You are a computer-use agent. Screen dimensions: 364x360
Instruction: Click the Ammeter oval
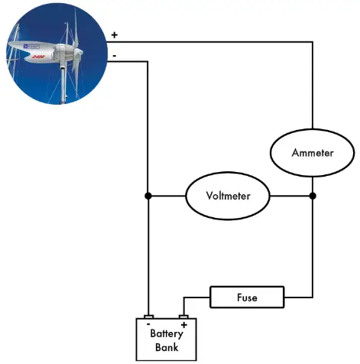coord(313,152)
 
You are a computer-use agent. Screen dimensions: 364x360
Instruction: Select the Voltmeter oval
coord(228,196)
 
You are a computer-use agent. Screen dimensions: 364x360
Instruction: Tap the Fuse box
coord(246,296)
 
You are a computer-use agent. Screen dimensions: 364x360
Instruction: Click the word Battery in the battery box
coord(167,333)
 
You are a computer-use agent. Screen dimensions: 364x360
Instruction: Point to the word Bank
coord(167,348)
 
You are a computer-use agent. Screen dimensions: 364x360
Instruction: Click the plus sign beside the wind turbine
coord(115,35)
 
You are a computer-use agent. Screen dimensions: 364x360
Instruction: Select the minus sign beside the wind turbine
coord(115,55)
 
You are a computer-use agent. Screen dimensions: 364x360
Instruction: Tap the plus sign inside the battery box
coord(183,323)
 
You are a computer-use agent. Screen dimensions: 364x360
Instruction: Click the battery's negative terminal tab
coord(149,315)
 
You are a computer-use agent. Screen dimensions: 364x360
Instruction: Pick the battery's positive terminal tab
coord(183,315)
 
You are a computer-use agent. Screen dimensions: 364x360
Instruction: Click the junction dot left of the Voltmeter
coord(149,196)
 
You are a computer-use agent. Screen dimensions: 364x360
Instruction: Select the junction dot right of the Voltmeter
coord(313,196)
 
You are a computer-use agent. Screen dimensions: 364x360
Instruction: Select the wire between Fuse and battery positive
coord(196,296)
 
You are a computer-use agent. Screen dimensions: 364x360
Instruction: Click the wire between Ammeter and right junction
coord(313,184)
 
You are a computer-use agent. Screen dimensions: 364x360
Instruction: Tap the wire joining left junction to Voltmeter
coord(167,196)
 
